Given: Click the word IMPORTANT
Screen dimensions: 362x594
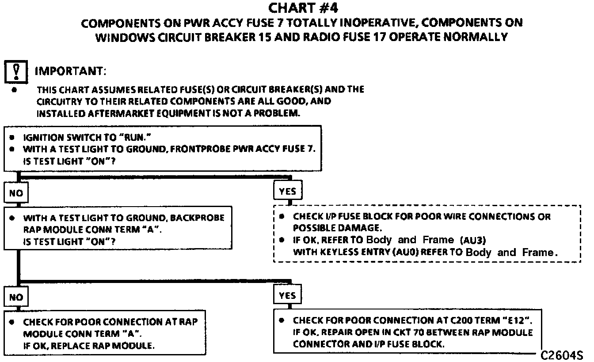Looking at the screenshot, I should pos(70,71).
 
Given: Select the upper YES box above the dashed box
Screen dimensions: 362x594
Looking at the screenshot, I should pos(288,191).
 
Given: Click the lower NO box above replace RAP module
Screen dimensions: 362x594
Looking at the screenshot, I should pos(16,297).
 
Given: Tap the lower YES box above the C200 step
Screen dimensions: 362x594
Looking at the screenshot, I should pos(287,295).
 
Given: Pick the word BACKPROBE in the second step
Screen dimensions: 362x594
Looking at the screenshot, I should pos(198,218).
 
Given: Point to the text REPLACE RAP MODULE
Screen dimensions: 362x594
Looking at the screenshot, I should pos(104,346).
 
